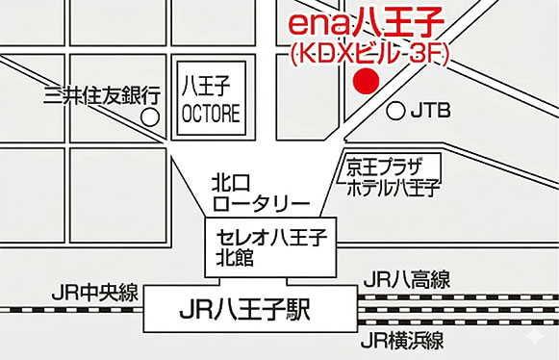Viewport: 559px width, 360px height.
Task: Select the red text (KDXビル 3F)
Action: coord(369,53)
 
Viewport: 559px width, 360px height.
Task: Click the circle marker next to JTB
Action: coord(395,111)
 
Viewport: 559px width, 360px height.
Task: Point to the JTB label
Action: coord(430,112)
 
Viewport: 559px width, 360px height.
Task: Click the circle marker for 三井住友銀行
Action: coord(150,116)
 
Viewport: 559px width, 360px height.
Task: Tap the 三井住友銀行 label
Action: coord(101,94)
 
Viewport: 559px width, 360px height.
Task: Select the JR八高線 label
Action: coord(406,280)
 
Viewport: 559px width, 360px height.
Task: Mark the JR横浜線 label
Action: coord(402,340)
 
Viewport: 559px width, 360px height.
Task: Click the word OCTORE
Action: coord(212,113)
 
